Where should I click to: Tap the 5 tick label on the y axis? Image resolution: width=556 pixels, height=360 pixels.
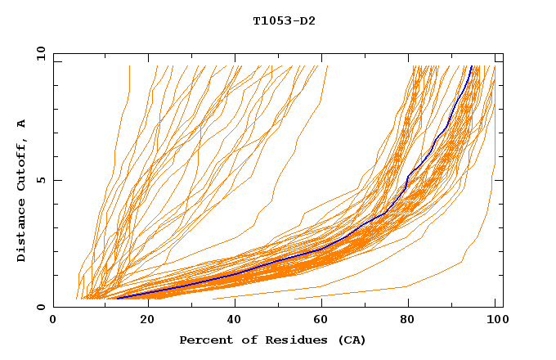39,180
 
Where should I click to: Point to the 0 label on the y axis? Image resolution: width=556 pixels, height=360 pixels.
39,308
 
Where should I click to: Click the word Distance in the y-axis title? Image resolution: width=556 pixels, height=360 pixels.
21,233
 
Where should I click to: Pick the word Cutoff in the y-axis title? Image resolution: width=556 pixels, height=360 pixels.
21,164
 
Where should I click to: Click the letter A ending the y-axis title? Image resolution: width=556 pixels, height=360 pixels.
21,123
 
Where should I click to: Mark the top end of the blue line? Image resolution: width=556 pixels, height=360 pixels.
471,67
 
